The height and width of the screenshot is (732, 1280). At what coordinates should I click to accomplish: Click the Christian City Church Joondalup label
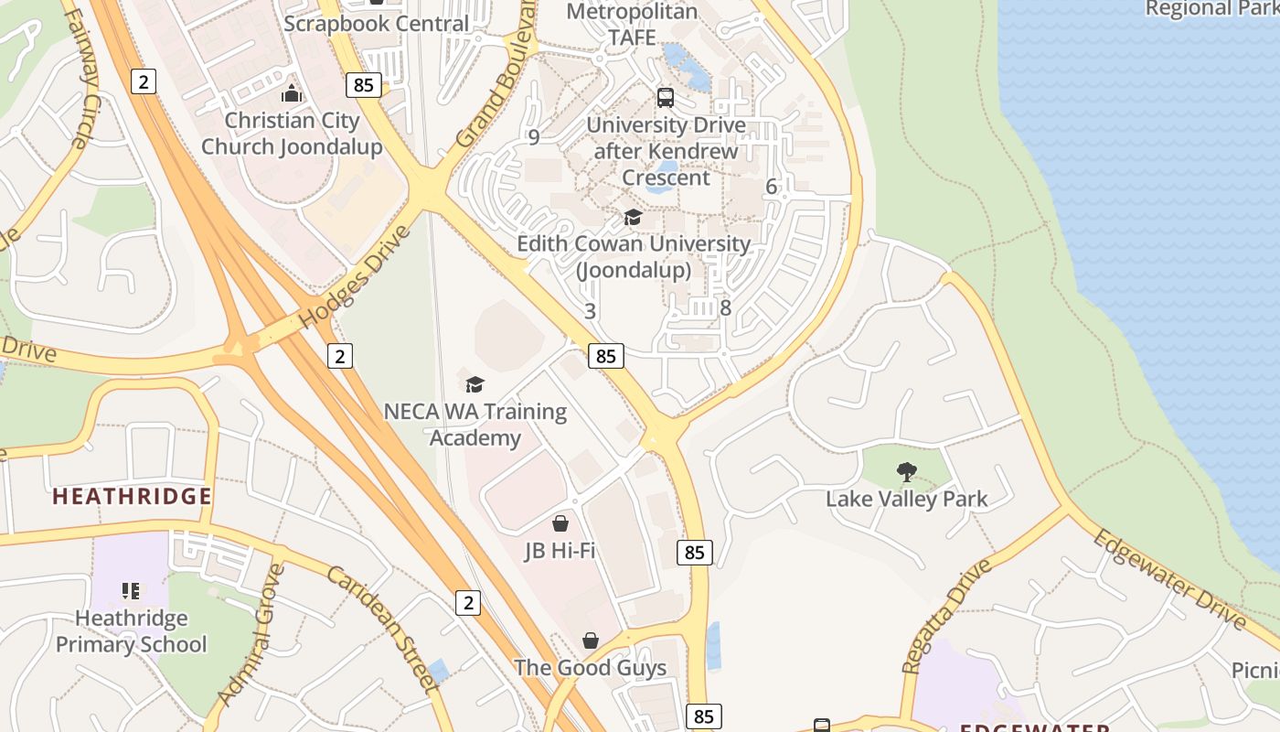pyautogui.click(x=292, y=134)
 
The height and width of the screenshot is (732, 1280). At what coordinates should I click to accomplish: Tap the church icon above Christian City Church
pyautogui.click(x=292, y=93)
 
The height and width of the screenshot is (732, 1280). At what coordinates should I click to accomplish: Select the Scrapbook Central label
pyautogui.click(x=377, y=23)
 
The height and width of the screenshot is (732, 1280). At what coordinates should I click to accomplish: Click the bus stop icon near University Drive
pyautogui.click(x=666, y=97)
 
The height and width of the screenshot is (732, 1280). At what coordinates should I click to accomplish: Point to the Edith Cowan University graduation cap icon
pyautogui.click(x=633, y=217)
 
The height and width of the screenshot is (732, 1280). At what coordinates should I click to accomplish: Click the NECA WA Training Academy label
pyautogui.click(x=475, y=425)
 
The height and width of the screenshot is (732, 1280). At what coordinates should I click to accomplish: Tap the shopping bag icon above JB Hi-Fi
pyautogui.click(x=560, y=523)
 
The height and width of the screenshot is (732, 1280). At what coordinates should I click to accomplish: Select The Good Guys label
pyautogui.click(x=590, y=668)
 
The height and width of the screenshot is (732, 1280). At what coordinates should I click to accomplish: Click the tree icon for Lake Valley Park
pyautogui.click(x=906, y=472)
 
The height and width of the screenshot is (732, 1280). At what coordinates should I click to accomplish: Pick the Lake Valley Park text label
pyautogui.click(x=906, y=499)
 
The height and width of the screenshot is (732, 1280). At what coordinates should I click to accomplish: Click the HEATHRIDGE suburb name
pyautogui.click(x=132, y=497)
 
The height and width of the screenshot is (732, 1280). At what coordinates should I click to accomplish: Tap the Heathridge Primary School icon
pyautogui.click(x=131, y=591)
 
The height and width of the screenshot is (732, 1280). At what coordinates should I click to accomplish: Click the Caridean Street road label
pyautogui.click(x=379, y=627)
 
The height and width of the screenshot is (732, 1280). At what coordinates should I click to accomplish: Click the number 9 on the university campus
pyautogui.click(x=534, y=137)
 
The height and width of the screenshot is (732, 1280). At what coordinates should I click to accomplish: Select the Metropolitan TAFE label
pyautogui.click(x=632, y=25)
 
